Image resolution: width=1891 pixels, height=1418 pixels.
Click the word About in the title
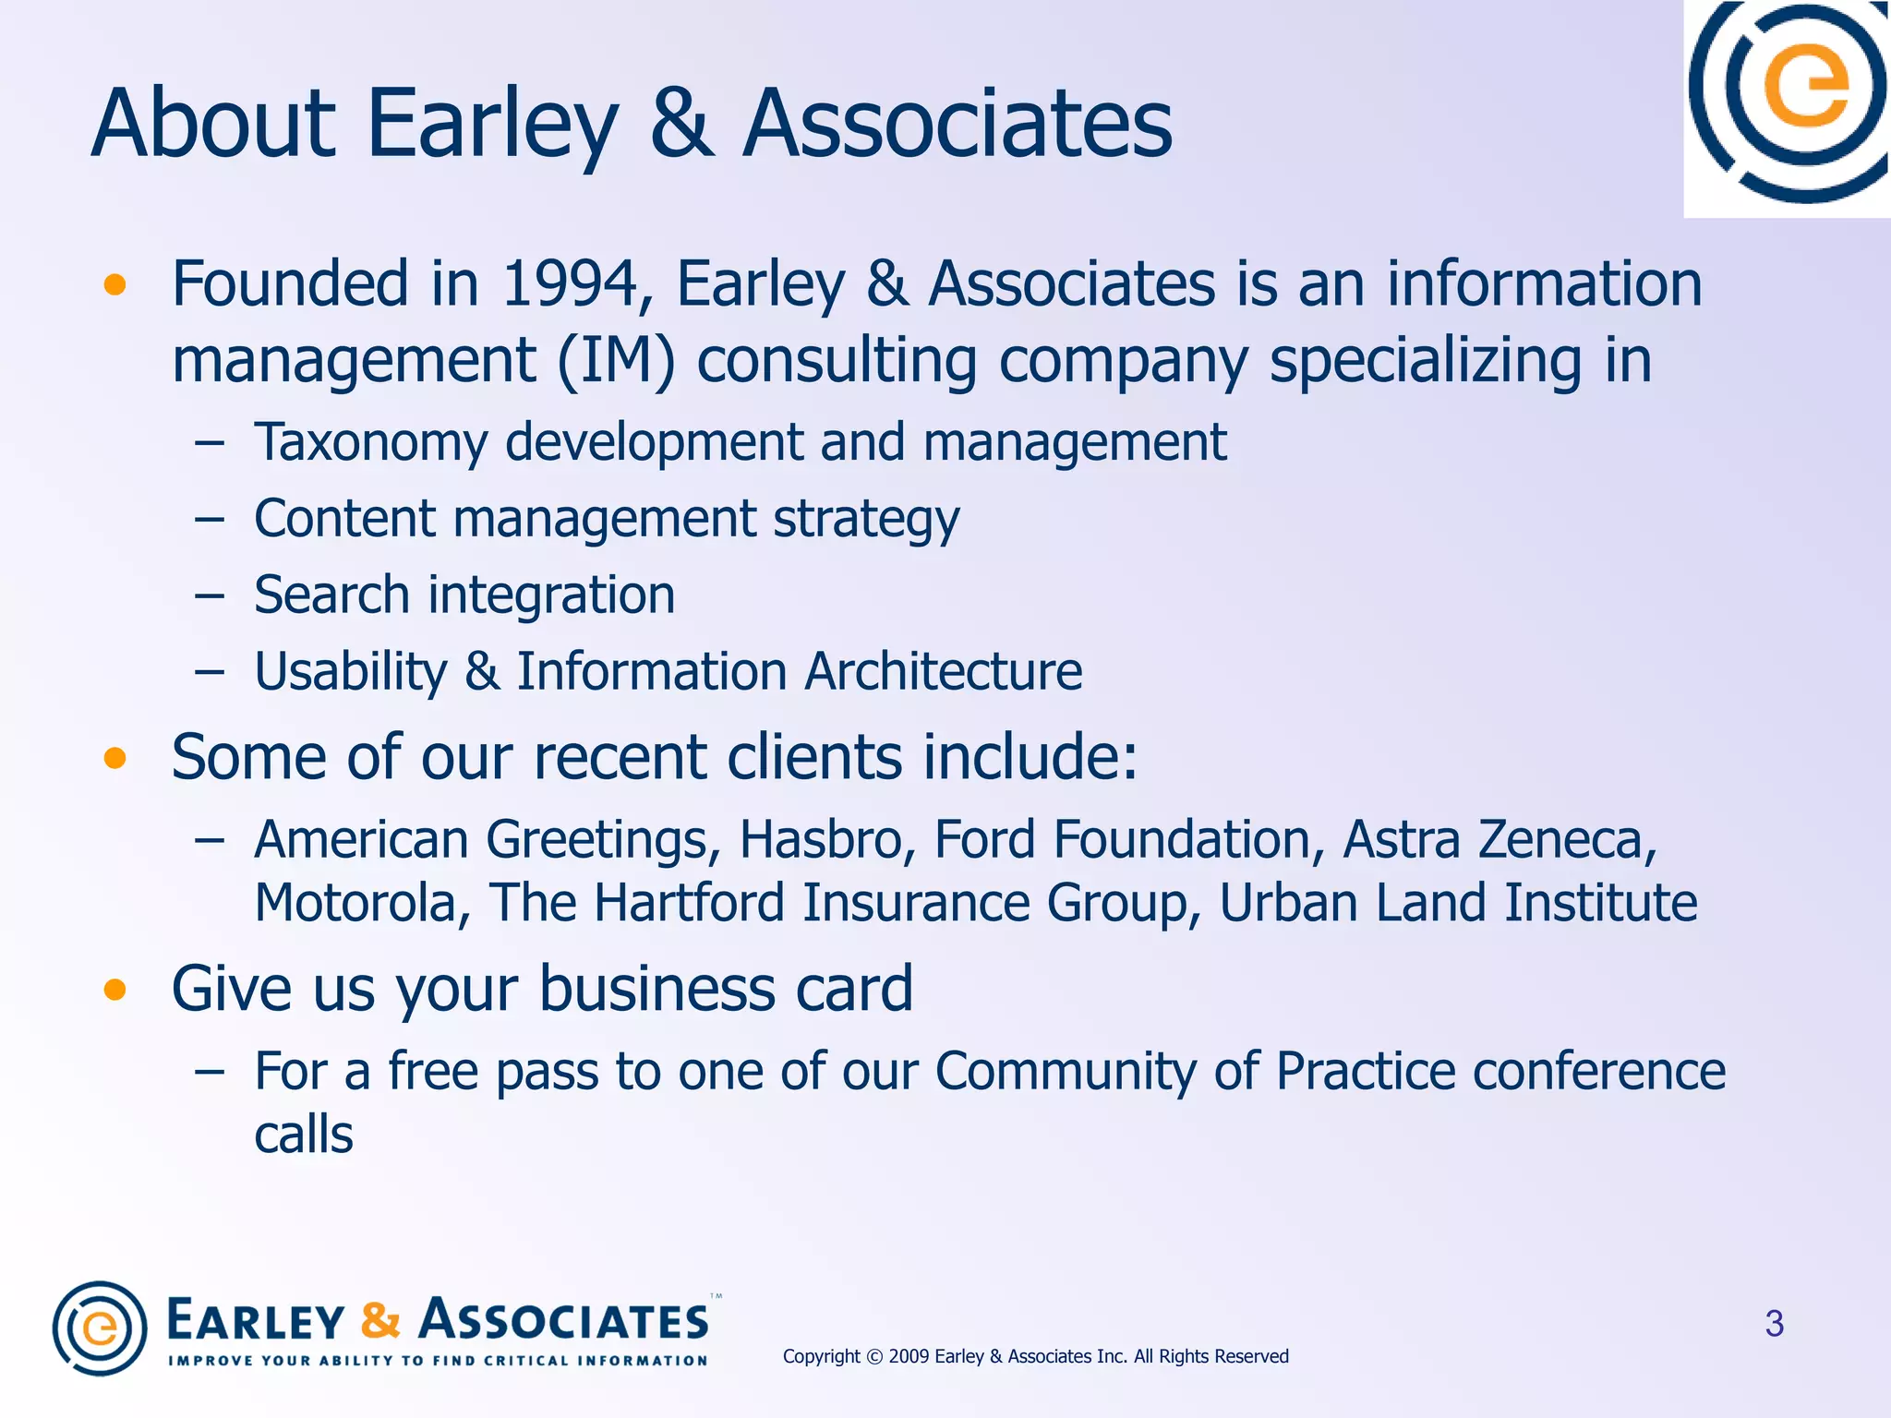pyautogui.click(x=214, y=124)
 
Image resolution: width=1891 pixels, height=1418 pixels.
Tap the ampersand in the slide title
pyautogui.click(x=681, y=124)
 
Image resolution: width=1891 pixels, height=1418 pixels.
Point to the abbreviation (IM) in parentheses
pyautogui.click(x=616, y=361)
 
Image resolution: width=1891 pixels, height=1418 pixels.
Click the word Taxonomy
pyautogui.click(x=370, y=443)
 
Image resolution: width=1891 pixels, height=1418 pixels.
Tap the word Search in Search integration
pyautogui.click(x=331, y=595)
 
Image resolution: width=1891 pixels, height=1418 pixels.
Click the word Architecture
pyautogui.click(x=943, y=671)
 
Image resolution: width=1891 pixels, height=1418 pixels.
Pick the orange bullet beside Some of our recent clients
pyautogui.click(x=114, y=759)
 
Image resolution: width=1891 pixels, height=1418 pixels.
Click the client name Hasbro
pyautogui.click(x=827, y=840)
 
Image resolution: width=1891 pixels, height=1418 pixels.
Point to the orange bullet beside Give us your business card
pyautogui.click(x=114, y=991)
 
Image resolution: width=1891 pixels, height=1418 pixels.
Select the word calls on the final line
pyautogui.click(x=304, y=1135)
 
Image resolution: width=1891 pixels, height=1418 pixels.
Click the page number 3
pyautogui.click(x=1774, y=1324)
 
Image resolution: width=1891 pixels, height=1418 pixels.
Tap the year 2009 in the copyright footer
pyautogui.click(x=909, y=1356)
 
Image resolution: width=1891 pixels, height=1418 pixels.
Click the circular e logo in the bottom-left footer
pyautogui.click(x=100, y=1328)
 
